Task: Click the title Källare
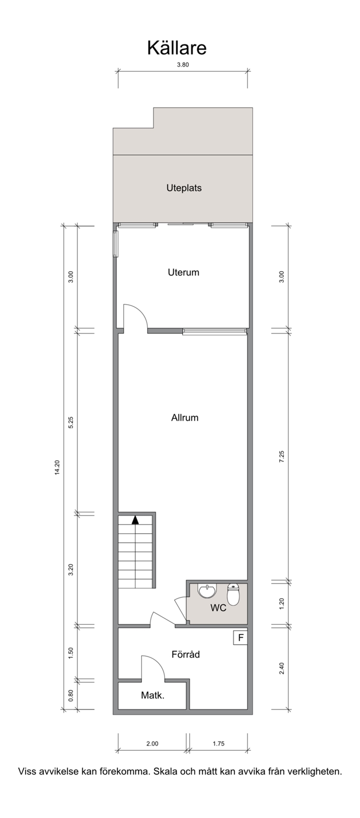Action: tap(177, 48)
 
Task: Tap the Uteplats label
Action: tap(184, 188)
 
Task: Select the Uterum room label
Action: tap(184, 272)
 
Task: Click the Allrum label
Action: tap(185, 417)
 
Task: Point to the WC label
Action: tap(218, 608)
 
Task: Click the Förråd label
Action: tap(186, 653)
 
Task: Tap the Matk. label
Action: tap(152, 695)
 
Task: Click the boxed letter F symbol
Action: tap(241, 638)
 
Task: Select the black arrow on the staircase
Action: tap(135, 520)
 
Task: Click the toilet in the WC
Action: tap(233, 594)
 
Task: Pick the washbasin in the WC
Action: tap(207, 591)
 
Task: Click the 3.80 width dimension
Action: tap(183, 65)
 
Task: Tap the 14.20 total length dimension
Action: tap(57, 467)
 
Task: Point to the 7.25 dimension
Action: tap(282, 457)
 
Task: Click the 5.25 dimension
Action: tap(71, 423)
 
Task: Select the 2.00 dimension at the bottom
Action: tap(152, 744)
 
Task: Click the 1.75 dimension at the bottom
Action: tap(219, 744)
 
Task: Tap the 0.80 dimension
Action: tap(71, 695)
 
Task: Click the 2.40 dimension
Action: tap(282, 668)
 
